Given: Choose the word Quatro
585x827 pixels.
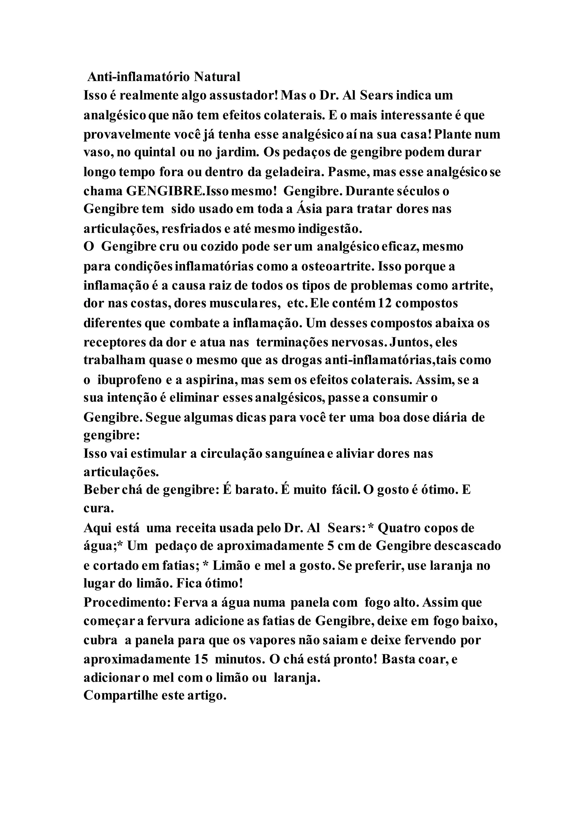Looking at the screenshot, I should [x=398, y=528].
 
